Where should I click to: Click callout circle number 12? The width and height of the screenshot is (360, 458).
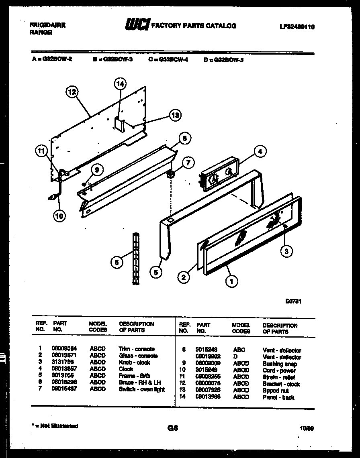72,92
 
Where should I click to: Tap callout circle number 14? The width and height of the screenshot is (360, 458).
120,84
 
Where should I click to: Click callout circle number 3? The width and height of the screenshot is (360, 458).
286,251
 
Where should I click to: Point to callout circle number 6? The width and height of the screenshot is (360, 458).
117,263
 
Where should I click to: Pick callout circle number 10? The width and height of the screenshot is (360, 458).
59,216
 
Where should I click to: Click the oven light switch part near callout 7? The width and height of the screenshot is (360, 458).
170,174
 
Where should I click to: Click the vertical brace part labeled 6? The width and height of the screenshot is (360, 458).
136,258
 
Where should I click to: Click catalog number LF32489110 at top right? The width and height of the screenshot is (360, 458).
297,27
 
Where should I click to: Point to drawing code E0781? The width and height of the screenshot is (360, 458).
294,301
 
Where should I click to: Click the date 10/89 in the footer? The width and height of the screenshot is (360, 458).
307,428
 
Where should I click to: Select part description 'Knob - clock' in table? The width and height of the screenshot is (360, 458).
134,362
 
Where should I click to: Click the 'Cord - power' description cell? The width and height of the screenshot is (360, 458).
279,370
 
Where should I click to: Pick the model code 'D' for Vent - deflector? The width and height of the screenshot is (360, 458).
235,357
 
